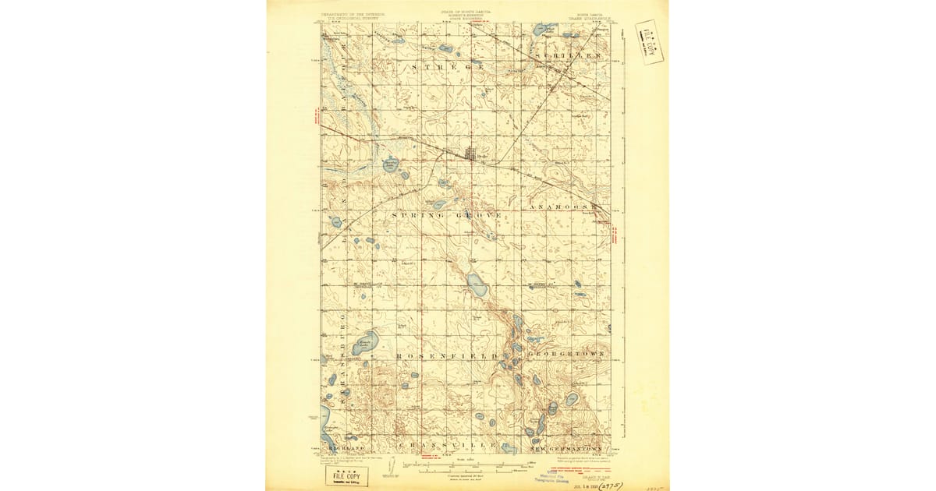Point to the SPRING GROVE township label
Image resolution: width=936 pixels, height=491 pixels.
(446, 214)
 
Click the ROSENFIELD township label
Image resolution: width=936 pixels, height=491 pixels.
(447, 356)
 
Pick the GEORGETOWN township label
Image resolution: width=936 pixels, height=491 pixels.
(566, 355)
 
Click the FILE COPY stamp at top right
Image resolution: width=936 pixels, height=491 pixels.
(648, 42)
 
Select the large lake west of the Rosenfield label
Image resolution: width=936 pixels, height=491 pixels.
(365, 342)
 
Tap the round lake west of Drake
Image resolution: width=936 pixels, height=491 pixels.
(390, 164)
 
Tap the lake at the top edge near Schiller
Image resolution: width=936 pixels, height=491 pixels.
(540, 30)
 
